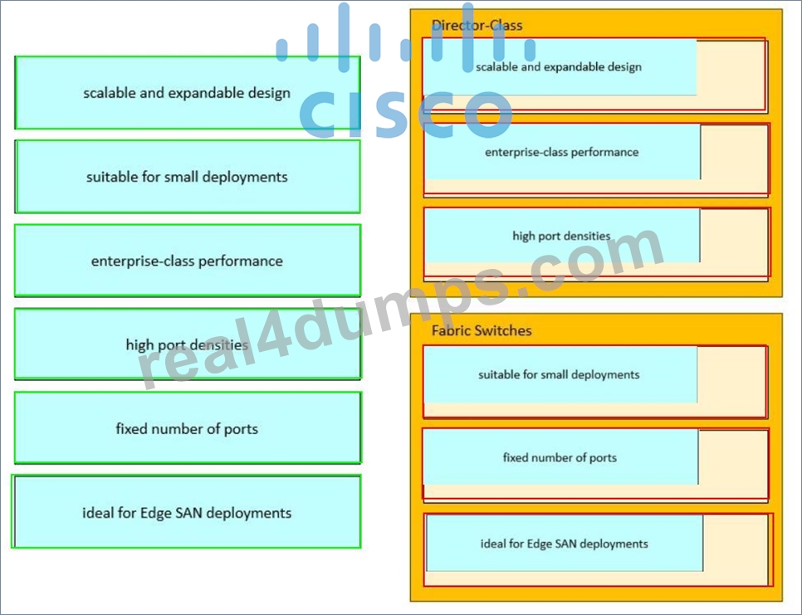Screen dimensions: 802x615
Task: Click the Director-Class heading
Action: click(477, 26)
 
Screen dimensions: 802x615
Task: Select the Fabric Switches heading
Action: click(482, 331)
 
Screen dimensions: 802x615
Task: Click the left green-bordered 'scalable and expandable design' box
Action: click(187, 92)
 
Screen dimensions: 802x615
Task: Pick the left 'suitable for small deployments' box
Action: click(187, 177)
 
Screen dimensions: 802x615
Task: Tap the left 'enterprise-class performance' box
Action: click(187, 261)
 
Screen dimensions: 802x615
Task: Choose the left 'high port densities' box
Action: click(187, 344)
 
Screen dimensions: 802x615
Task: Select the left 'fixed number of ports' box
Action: click(187, 428)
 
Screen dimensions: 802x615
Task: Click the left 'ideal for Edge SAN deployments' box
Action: click(186, 512)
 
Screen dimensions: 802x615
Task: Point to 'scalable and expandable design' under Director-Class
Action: click(559, 67)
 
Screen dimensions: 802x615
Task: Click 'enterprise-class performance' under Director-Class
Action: click(562, 152)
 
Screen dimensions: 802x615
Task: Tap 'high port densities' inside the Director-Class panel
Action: click(562, 236)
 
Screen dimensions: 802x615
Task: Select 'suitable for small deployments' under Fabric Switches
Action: click(560, 374)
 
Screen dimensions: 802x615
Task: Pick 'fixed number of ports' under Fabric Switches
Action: click(560, 457)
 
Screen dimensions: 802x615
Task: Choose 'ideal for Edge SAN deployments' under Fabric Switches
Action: click(565, 544)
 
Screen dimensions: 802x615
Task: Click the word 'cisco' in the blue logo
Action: click(406, 114)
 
